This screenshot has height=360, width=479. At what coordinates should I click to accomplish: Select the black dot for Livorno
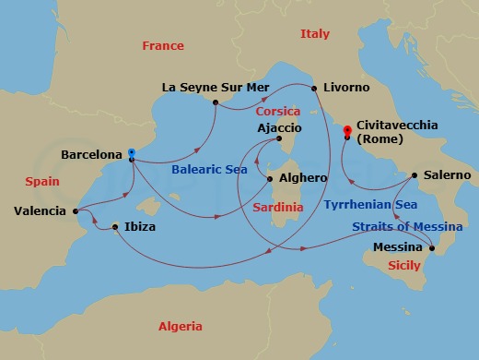pyautogui.click(x=315, y=88)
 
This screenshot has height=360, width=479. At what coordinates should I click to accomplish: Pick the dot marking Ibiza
pyautogui.click(x=114, y=226)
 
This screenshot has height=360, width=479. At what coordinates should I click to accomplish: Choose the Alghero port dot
pyautogui.click(x=269, y=178)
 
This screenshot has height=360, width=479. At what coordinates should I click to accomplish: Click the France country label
pyautogui.click(x=163, y=46)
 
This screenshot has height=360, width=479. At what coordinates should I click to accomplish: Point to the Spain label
pyautogui.click(x=42, y=183)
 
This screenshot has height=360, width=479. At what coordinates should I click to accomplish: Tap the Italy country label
pyautogui.click(x=314, y=34)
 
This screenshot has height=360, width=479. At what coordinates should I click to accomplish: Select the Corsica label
pyautogui.click(x=278, y=111)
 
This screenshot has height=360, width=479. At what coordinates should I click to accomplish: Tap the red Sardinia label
pyautogui.click(x=277, y=208)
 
